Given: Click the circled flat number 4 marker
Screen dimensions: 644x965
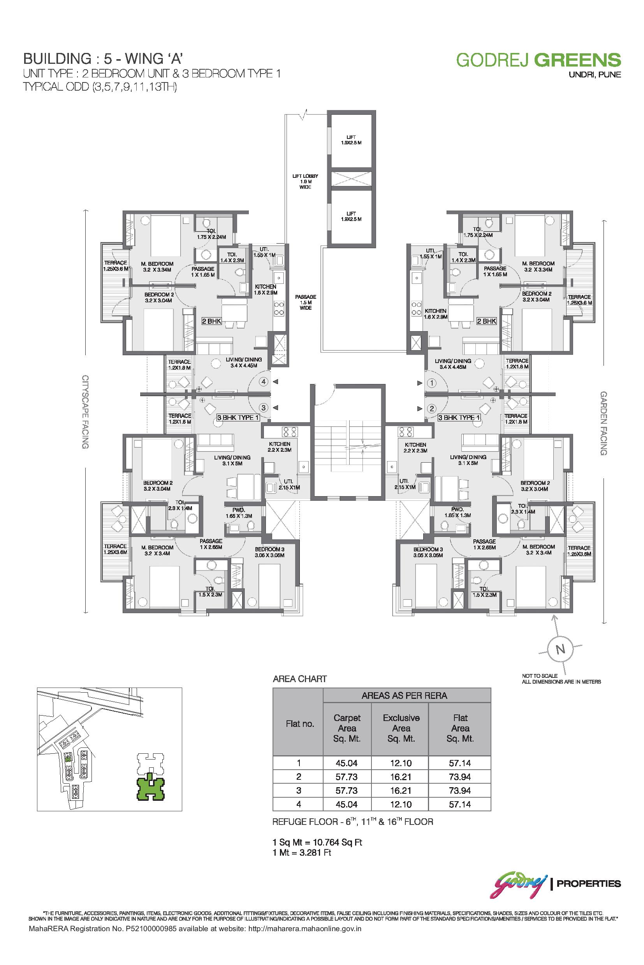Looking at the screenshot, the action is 264,382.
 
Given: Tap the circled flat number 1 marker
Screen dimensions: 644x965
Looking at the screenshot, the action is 431,383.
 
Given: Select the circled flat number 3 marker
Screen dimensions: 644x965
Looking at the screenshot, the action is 264,407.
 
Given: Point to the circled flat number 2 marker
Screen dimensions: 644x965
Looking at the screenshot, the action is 431,409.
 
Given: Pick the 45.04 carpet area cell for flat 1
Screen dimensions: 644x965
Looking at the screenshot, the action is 347,763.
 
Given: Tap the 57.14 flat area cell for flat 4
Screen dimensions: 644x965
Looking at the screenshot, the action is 459,804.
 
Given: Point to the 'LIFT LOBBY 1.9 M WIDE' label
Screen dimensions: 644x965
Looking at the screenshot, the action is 305,181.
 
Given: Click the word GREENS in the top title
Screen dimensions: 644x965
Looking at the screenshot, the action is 577,60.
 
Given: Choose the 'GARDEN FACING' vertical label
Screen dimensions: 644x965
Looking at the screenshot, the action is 604,423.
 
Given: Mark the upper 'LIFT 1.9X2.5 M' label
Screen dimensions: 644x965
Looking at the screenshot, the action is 351,140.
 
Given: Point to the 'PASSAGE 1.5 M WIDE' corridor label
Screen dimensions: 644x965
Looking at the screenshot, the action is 306,302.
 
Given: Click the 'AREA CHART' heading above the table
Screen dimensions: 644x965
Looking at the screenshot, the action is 300,679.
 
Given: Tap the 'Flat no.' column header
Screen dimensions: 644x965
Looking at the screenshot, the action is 300,724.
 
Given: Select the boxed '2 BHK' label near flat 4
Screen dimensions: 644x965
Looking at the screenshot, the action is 211,321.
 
